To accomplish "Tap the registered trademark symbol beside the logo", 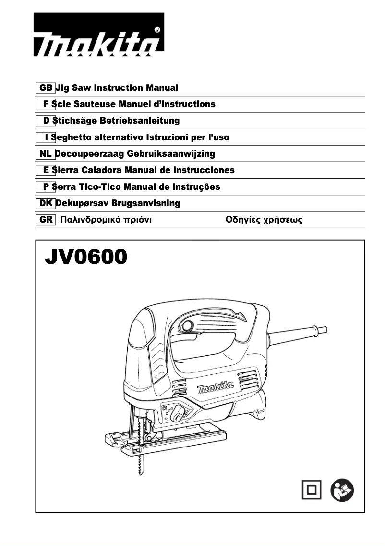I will point(158,29).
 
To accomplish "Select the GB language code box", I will point(46,88).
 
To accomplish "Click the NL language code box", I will point(46,154).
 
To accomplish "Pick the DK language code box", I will point(46,203).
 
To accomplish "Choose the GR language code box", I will point(46,220).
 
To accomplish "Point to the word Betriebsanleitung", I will point(141,121).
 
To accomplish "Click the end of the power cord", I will point(325,329).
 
